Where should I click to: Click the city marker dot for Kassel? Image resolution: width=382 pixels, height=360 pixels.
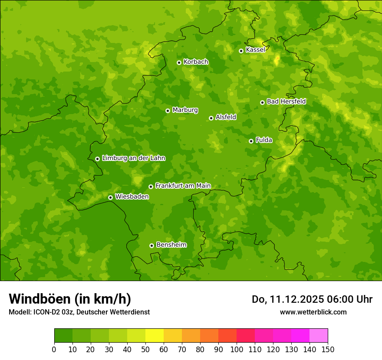[241, 51]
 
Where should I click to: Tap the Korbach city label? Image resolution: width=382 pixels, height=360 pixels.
[196, 62]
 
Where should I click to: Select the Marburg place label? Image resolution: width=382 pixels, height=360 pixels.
[185, 110]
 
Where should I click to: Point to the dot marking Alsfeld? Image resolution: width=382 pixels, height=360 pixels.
[211, 118]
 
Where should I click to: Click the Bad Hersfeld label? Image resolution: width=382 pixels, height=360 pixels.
[286, 101]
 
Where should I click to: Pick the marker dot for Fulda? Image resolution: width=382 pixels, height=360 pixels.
[251, 141]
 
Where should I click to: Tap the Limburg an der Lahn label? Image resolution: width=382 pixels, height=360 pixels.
[133, 158]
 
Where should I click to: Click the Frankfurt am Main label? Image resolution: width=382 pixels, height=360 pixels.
[183, 186]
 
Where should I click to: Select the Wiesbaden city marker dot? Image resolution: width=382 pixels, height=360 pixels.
[110, 197]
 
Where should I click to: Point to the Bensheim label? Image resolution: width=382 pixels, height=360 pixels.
[171, 245]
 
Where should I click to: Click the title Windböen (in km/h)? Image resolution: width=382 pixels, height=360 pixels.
[70, 299]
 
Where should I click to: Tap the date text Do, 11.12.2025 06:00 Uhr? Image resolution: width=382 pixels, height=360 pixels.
[312, 299]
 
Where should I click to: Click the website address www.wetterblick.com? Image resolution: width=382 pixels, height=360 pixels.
[313, 312]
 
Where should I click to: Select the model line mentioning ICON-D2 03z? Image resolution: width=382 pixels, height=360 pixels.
[79, 312]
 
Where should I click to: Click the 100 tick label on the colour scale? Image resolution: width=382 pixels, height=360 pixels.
[237, 349]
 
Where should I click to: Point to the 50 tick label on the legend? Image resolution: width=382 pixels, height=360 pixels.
[145, 349]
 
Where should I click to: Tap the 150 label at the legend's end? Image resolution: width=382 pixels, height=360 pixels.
[328, 349]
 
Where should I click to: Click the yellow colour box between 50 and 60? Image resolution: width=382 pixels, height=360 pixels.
[155, 336]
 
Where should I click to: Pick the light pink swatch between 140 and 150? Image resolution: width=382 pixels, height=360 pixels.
[319, 336]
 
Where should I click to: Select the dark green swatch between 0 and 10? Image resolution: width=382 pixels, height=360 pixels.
[63, 336]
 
